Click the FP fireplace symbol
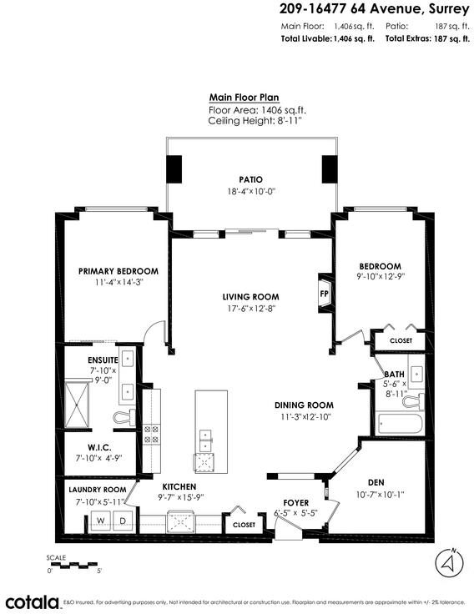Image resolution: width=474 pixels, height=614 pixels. coord(325,293)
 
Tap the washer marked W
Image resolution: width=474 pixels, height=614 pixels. coord(101,521)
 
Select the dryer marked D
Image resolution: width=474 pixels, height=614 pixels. coord(123,521)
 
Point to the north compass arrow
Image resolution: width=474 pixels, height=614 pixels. coord(449,563)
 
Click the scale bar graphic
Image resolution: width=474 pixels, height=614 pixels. coord(74,566)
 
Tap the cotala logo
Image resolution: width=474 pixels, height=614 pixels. coord(32,601)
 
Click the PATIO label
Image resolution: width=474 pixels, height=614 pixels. coord(251,179)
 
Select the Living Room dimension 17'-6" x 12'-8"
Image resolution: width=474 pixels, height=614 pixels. coord(251,309)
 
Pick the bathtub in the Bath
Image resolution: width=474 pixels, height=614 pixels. coord(399,423)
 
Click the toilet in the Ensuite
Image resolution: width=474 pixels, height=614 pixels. coord(124,416)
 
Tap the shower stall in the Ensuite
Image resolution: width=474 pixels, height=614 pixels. coord(77,405)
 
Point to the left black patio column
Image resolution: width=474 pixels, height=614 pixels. coord(174,169)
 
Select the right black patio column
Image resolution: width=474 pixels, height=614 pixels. coord(330,169)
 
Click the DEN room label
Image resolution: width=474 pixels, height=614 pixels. coord(376,483)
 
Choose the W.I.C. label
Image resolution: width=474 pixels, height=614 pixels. coord(99,447)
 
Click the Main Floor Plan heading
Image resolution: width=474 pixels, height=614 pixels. coord(244,98)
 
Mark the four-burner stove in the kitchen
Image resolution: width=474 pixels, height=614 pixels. coord(152,434)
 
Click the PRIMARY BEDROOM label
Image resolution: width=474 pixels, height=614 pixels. coord(118,271)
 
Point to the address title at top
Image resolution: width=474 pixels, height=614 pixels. coord(374,8)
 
